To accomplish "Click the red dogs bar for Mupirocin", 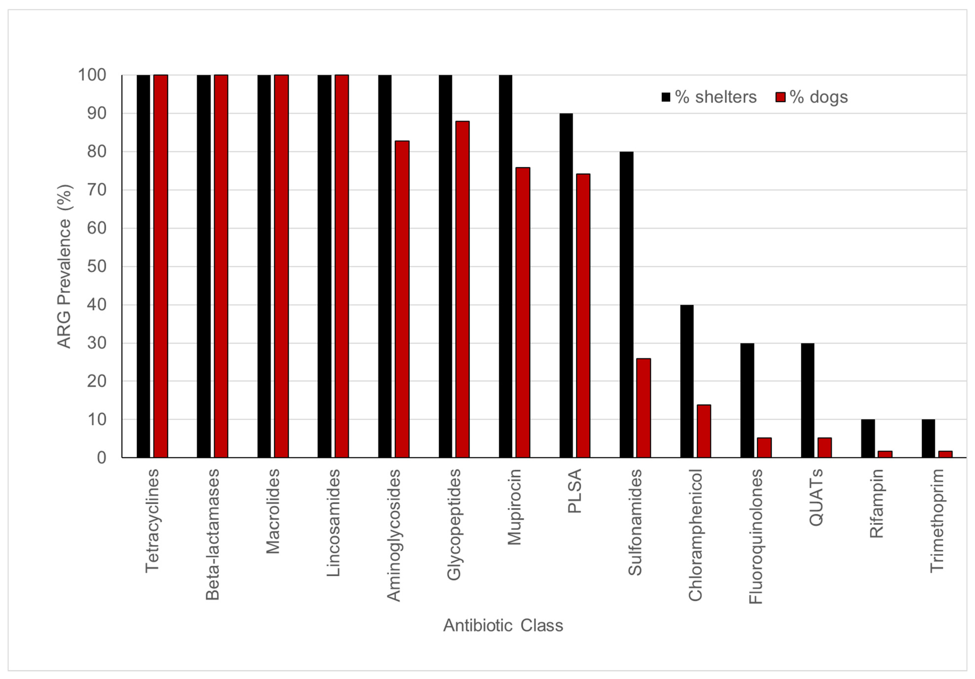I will click(x=523, y=312).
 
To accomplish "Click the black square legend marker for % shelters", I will click(x=666, y=97).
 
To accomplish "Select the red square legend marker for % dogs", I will click(x=780, y=97).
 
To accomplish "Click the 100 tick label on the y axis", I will click(x=92, y=75).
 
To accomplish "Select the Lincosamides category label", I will click(x=333, y=523).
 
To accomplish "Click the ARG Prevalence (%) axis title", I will click(x=65, y=266).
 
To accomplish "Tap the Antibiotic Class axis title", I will click(x=503, y=625).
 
